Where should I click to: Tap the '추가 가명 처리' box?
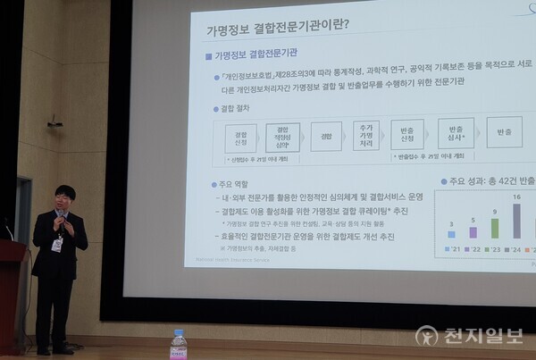click(x=365, y=135)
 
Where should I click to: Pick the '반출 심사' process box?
click(x=455, y=135)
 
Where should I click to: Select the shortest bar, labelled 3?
click(x=452, y=241)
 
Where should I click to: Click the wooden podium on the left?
click(x=11, y=295)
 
